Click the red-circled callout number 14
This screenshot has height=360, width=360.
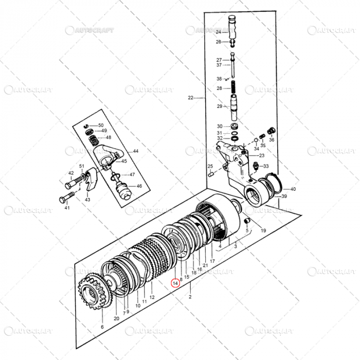coord(175,282)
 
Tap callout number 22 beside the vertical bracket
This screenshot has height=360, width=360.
coord(190,98)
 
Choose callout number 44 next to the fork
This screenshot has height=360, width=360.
coord(136,151)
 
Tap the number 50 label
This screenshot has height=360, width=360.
coord(101,125)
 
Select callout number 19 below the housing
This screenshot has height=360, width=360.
coord(263,231)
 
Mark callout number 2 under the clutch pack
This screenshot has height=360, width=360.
coord(190,297)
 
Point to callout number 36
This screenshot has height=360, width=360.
coord(272,139)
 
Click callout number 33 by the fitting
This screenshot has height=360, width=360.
coord(265,166)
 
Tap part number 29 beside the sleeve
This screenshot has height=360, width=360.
coord(219,106)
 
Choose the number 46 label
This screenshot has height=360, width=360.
coord(139,186)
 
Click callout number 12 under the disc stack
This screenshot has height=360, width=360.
coord(152,297)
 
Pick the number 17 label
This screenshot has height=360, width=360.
coord(212,261)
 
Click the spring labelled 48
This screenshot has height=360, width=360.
coord(94,138)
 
